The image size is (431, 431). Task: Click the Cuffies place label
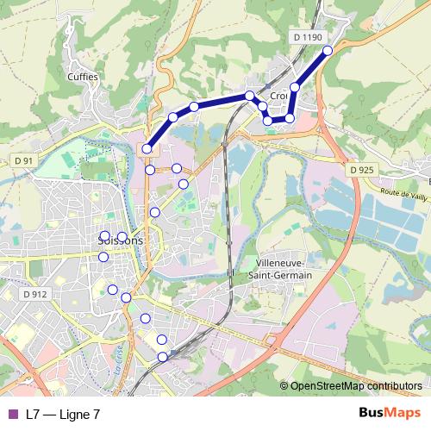83,76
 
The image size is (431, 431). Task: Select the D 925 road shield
362,170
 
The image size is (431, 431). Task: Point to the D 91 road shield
24,160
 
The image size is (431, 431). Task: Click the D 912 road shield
35,294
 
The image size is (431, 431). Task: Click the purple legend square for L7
11,414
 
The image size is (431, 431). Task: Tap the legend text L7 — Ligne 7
63,414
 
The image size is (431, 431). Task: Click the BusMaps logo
390,413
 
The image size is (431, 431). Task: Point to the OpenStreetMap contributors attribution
355,386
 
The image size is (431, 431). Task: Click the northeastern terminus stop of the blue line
328,51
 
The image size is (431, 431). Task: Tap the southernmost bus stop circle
162,357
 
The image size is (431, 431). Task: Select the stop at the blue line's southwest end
147,149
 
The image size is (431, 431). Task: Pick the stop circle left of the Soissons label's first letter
105,235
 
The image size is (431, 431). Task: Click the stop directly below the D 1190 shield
295,87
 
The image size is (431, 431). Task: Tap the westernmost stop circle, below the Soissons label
103,256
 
